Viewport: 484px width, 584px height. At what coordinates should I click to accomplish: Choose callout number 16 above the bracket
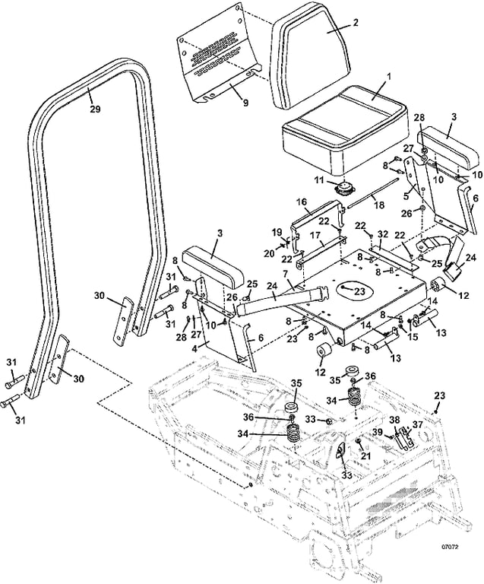coord(302,202)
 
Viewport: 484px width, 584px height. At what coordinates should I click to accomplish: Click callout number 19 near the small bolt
coord(276,231)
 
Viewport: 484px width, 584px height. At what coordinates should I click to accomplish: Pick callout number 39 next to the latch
coord(378,433)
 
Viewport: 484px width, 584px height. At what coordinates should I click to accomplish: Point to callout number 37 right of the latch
coord(416,425)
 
